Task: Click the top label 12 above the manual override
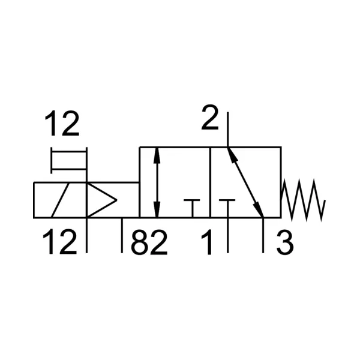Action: tap(62, 124)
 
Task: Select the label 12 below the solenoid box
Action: tap(59, 242)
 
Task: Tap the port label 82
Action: tap(149, 242)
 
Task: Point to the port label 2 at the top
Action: tap(209, 118)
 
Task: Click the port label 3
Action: tap(285, 242)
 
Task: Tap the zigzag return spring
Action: tap(303, 200)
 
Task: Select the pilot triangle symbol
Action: tap(102, 200)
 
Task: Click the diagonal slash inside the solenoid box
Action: tap(60, 200)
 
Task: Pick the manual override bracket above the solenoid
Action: tap(69, 160)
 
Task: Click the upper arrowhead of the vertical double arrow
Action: tap(157, 155)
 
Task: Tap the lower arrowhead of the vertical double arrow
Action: tap(157, 209)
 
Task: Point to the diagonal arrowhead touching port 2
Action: tap(232, 155)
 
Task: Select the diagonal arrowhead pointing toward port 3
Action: tap(259, 209)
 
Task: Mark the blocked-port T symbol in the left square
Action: tap(192, 208)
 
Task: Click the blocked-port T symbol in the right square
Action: tap(227, 208)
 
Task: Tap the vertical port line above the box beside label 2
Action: tap(227, 130)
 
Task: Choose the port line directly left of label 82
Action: tap(122, 235)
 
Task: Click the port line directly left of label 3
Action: tap(263, 235)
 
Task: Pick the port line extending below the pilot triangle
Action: tap(86, 235)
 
